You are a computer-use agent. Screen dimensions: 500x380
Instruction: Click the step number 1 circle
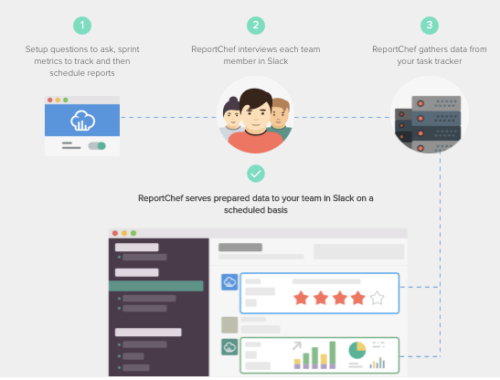(82, 26)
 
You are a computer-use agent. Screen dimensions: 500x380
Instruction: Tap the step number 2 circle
(256, 26)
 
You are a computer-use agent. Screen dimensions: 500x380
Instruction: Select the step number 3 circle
(430, 26)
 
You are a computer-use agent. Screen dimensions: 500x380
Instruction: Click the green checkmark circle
(256, 174)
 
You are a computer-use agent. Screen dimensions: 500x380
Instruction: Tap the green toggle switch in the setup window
(97, 146)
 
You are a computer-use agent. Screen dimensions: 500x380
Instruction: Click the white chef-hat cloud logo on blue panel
(82, 121)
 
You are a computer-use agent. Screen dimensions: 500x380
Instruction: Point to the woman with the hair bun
(232, 117)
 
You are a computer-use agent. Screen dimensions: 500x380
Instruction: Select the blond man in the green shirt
(281, 118)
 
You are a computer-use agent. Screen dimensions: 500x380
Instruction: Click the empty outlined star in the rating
(377, 298)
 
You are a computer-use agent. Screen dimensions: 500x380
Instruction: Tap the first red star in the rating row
(301, 298)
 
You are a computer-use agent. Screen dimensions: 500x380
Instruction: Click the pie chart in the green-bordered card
(357, 350)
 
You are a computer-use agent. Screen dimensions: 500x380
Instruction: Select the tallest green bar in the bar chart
(333, 354)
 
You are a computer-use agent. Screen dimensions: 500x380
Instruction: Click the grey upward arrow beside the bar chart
(297, 346)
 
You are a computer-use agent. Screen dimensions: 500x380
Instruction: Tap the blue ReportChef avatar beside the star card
(229, 282)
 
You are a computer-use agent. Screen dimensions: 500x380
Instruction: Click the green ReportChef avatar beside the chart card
(229, 347)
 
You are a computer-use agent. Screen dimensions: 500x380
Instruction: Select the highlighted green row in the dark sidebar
(156, 286)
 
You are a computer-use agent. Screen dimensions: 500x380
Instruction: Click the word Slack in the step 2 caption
(278, 61)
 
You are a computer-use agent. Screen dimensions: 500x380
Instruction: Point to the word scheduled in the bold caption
(243, 210)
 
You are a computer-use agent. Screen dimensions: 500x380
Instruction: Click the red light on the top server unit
(420, 103)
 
